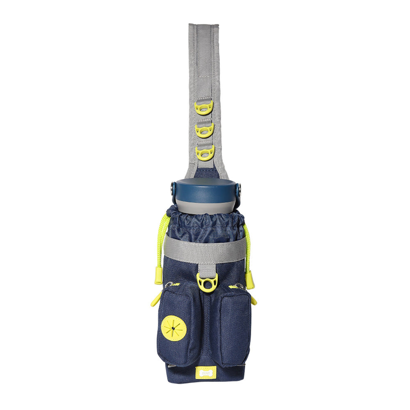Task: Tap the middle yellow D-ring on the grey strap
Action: pyautogui.click(x=204, y=130)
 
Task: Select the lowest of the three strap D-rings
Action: pyautogui.click(x=204, y=153)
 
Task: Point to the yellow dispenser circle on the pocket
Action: pyautogui.click(x=174, y=328)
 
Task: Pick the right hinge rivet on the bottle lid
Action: pyautogui.click(x=239, y=190)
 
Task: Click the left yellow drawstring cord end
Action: pyautogui.click(x=159, y=276)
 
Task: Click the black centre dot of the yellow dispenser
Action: pyautogui.click(x=174, y=328)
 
